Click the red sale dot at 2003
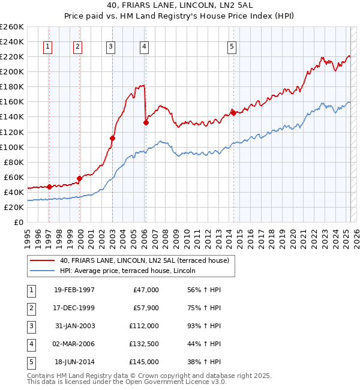[x=112, y=138]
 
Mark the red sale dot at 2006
[x=146, y=122]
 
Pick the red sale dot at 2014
[x=233, y=113]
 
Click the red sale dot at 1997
[x=49, y=187]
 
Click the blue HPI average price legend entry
[x=132, y=271]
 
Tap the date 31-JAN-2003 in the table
[x=74, y=326]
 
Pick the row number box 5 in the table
[x=30, y=362]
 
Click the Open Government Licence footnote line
[x=127, y=382]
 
